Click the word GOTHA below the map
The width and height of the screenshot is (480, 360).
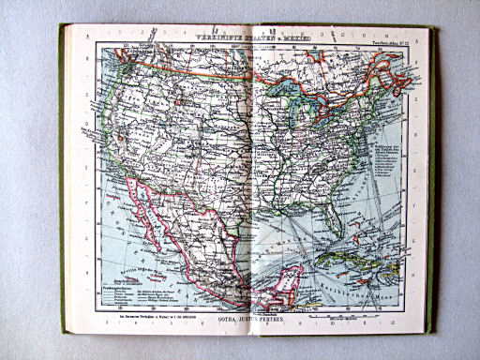point(231,320)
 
